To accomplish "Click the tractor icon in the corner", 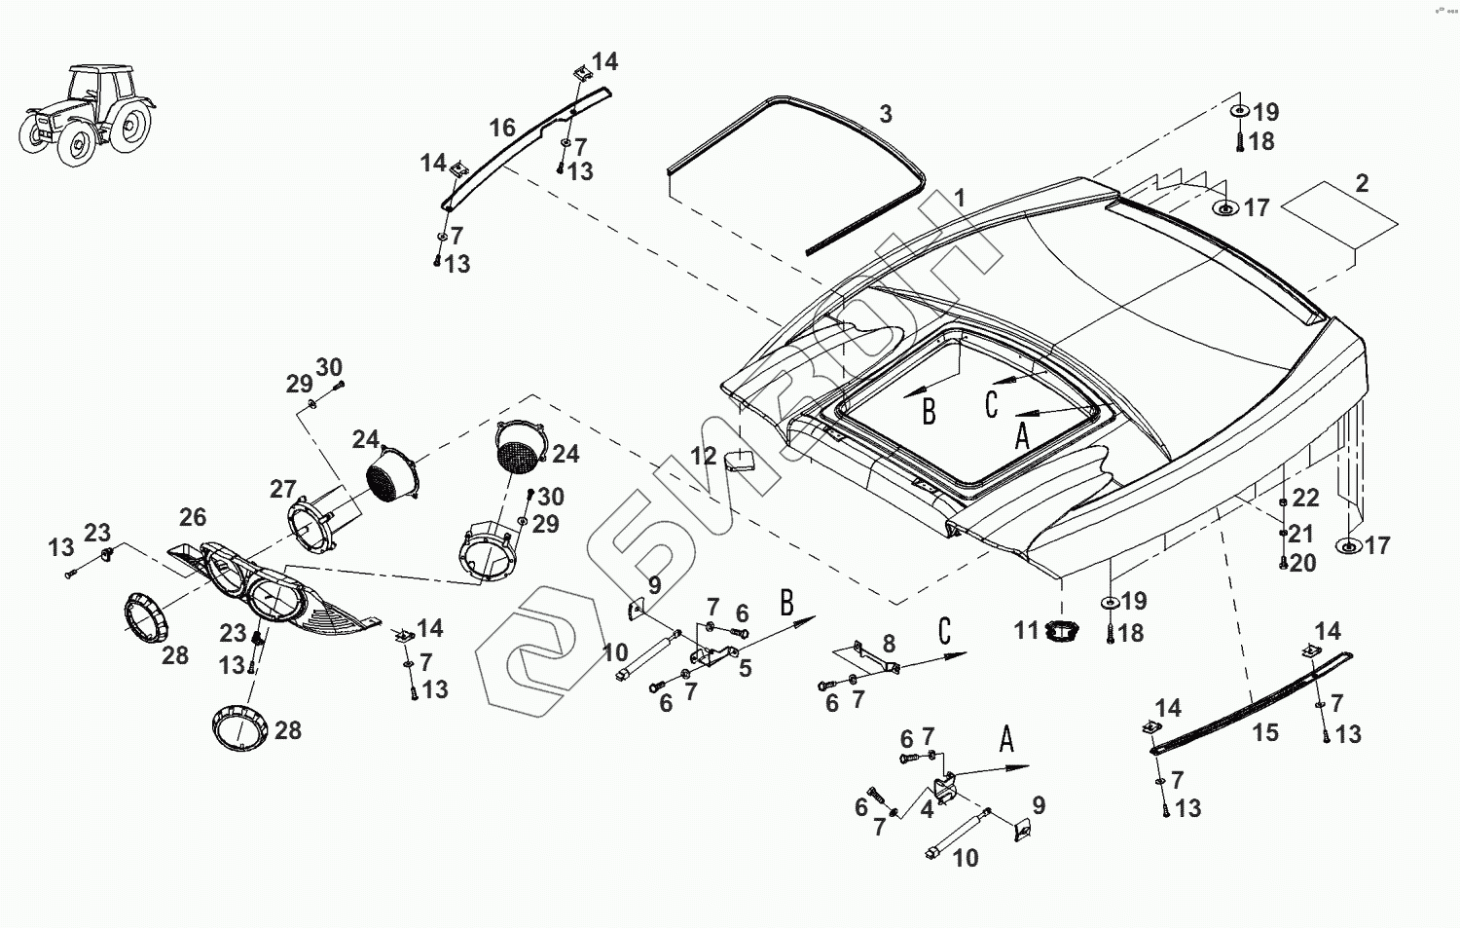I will pos(87,114).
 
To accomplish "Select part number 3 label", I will pos(885,115).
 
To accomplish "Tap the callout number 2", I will pos(1362,183).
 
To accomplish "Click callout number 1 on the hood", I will pos(960,199).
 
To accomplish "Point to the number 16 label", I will pos(501,129).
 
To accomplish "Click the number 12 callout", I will pos(704,456).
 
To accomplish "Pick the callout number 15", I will pos(1264,732).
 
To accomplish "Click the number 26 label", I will pos(193,517).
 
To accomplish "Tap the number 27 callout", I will pos(283,489).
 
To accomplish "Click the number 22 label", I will pos(1305,499).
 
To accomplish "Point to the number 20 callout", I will pos(1303,564).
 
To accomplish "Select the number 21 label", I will pos(1301,534).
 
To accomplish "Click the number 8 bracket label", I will pos(888,644).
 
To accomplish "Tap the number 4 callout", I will pos(927,808).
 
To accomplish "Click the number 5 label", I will pos(745,668).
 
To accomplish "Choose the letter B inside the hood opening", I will pos(929,412).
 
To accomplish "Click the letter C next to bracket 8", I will pos(943,631).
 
